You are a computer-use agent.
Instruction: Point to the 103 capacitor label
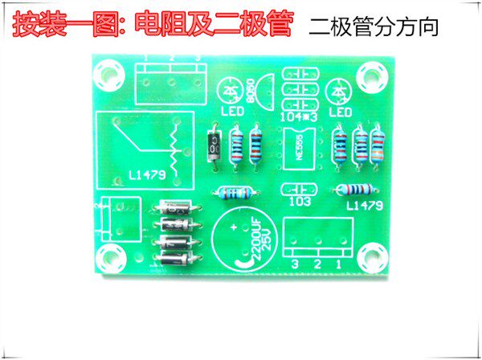point(299,202)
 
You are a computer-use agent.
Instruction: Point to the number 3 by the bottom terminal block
point(295,264)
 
